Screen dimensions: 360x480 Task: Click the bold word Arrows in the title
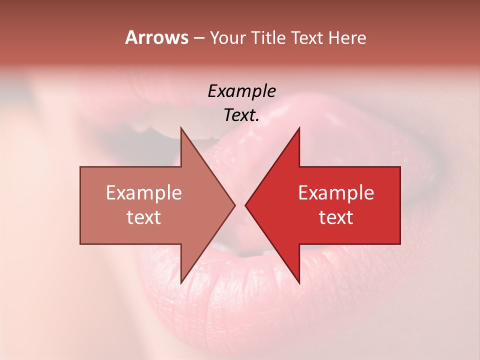point(156,37)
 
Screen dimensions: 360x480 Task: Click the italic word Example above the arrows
point(241,91)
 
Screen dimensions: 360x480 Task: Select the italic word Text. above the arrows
point(241,115)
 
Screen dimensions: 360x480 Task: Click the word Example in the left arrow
point(144,193)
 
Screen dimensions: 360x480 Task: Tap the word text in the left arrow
point(144,217)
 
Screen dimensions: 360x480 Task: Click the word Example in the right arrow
point(336,193)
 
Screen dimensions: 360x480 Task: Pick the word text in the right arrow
point(336,217)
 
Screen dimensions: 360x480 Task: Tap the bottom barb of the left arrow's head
point(182,281)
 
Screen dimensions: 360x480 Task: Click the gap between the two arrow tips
point(240,205)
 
